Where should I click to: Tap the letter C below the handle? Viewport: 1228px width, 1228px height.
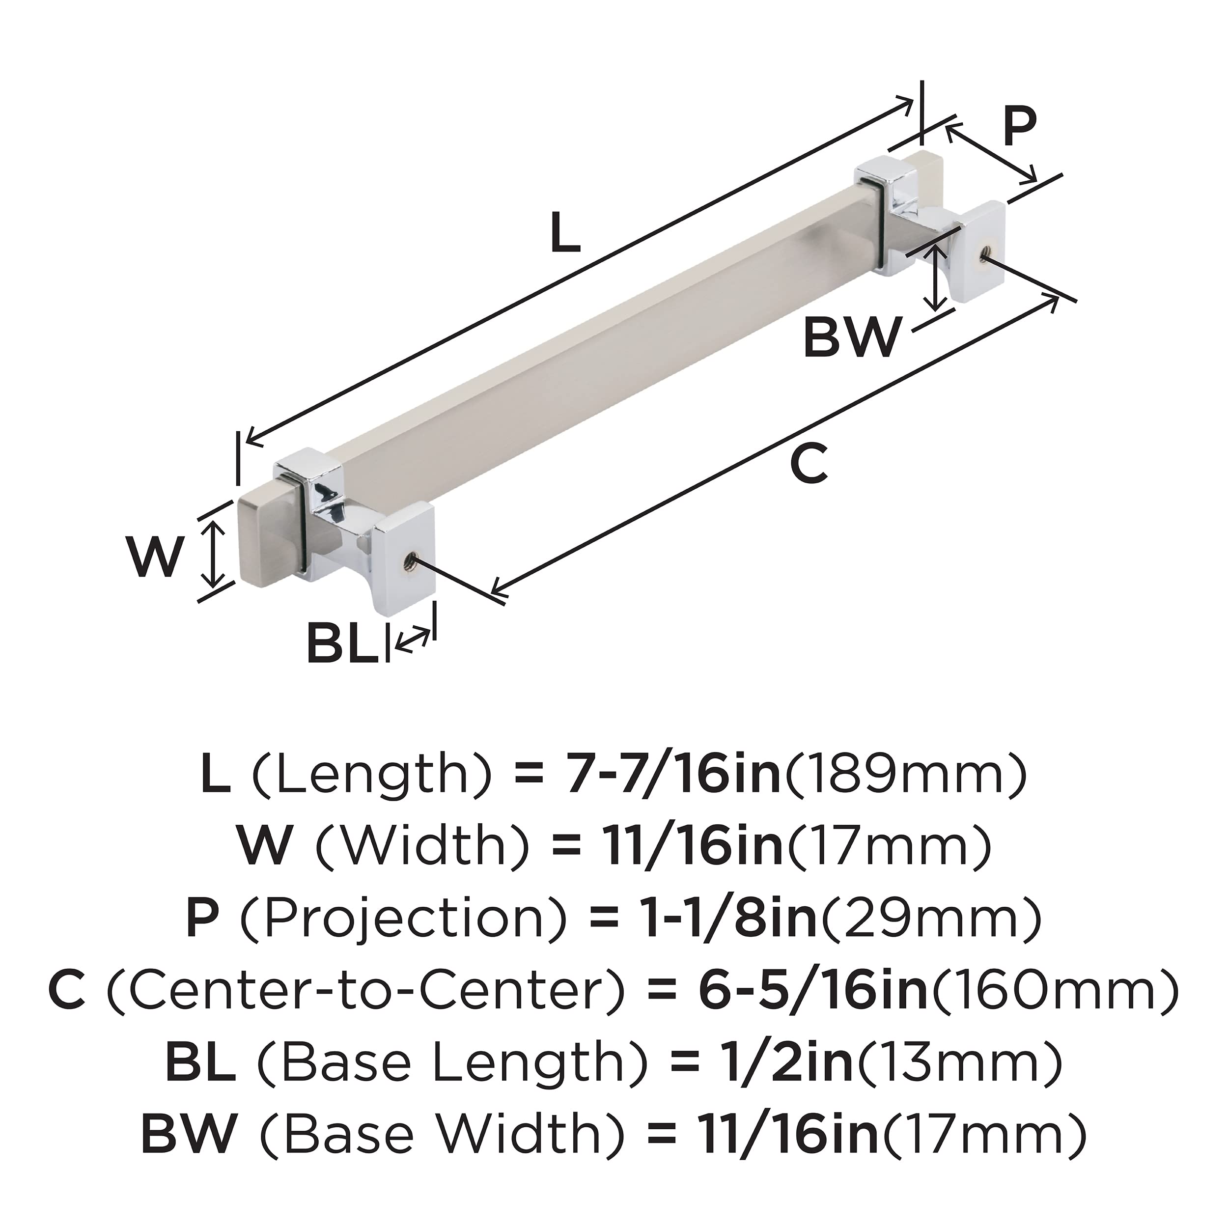tap(809, 465)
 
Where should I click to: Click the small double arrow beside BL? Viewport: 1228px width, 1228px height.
tap(412, 638)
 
